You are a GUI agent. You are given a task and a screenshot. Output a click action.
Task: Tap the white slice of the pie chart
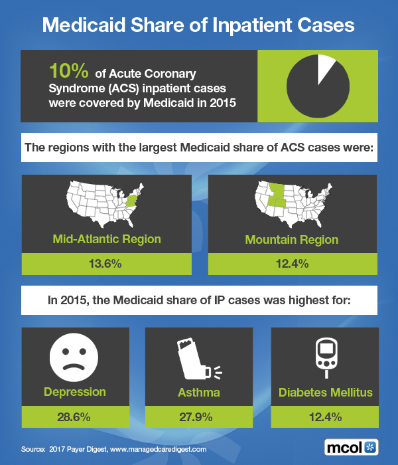click(326, 68)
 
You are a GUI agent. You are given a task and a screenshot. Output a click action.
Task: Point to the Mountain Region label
click(292, 239)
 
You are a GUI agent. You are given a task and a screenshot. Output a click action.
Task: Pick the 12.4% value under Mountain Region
click(292, 264)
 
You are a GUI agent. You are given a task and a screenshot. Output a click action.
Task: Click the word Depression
click(74, 392)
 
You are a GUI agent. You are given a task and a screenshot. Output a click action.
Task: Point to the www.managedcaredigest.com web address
click(154, 449)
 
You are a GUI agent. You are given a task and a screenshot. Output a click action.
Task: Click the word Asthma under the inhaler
click(199, 392)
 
